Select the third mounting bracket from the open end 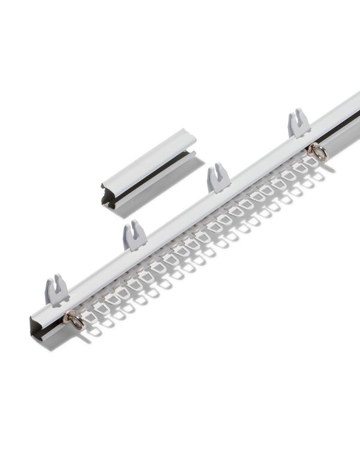pos(218,179)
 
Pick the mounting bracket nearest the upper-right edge pos(298,124)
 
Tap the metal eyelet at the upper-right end pos(318,152)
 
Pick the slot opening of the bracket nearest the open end pos(56,281)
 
